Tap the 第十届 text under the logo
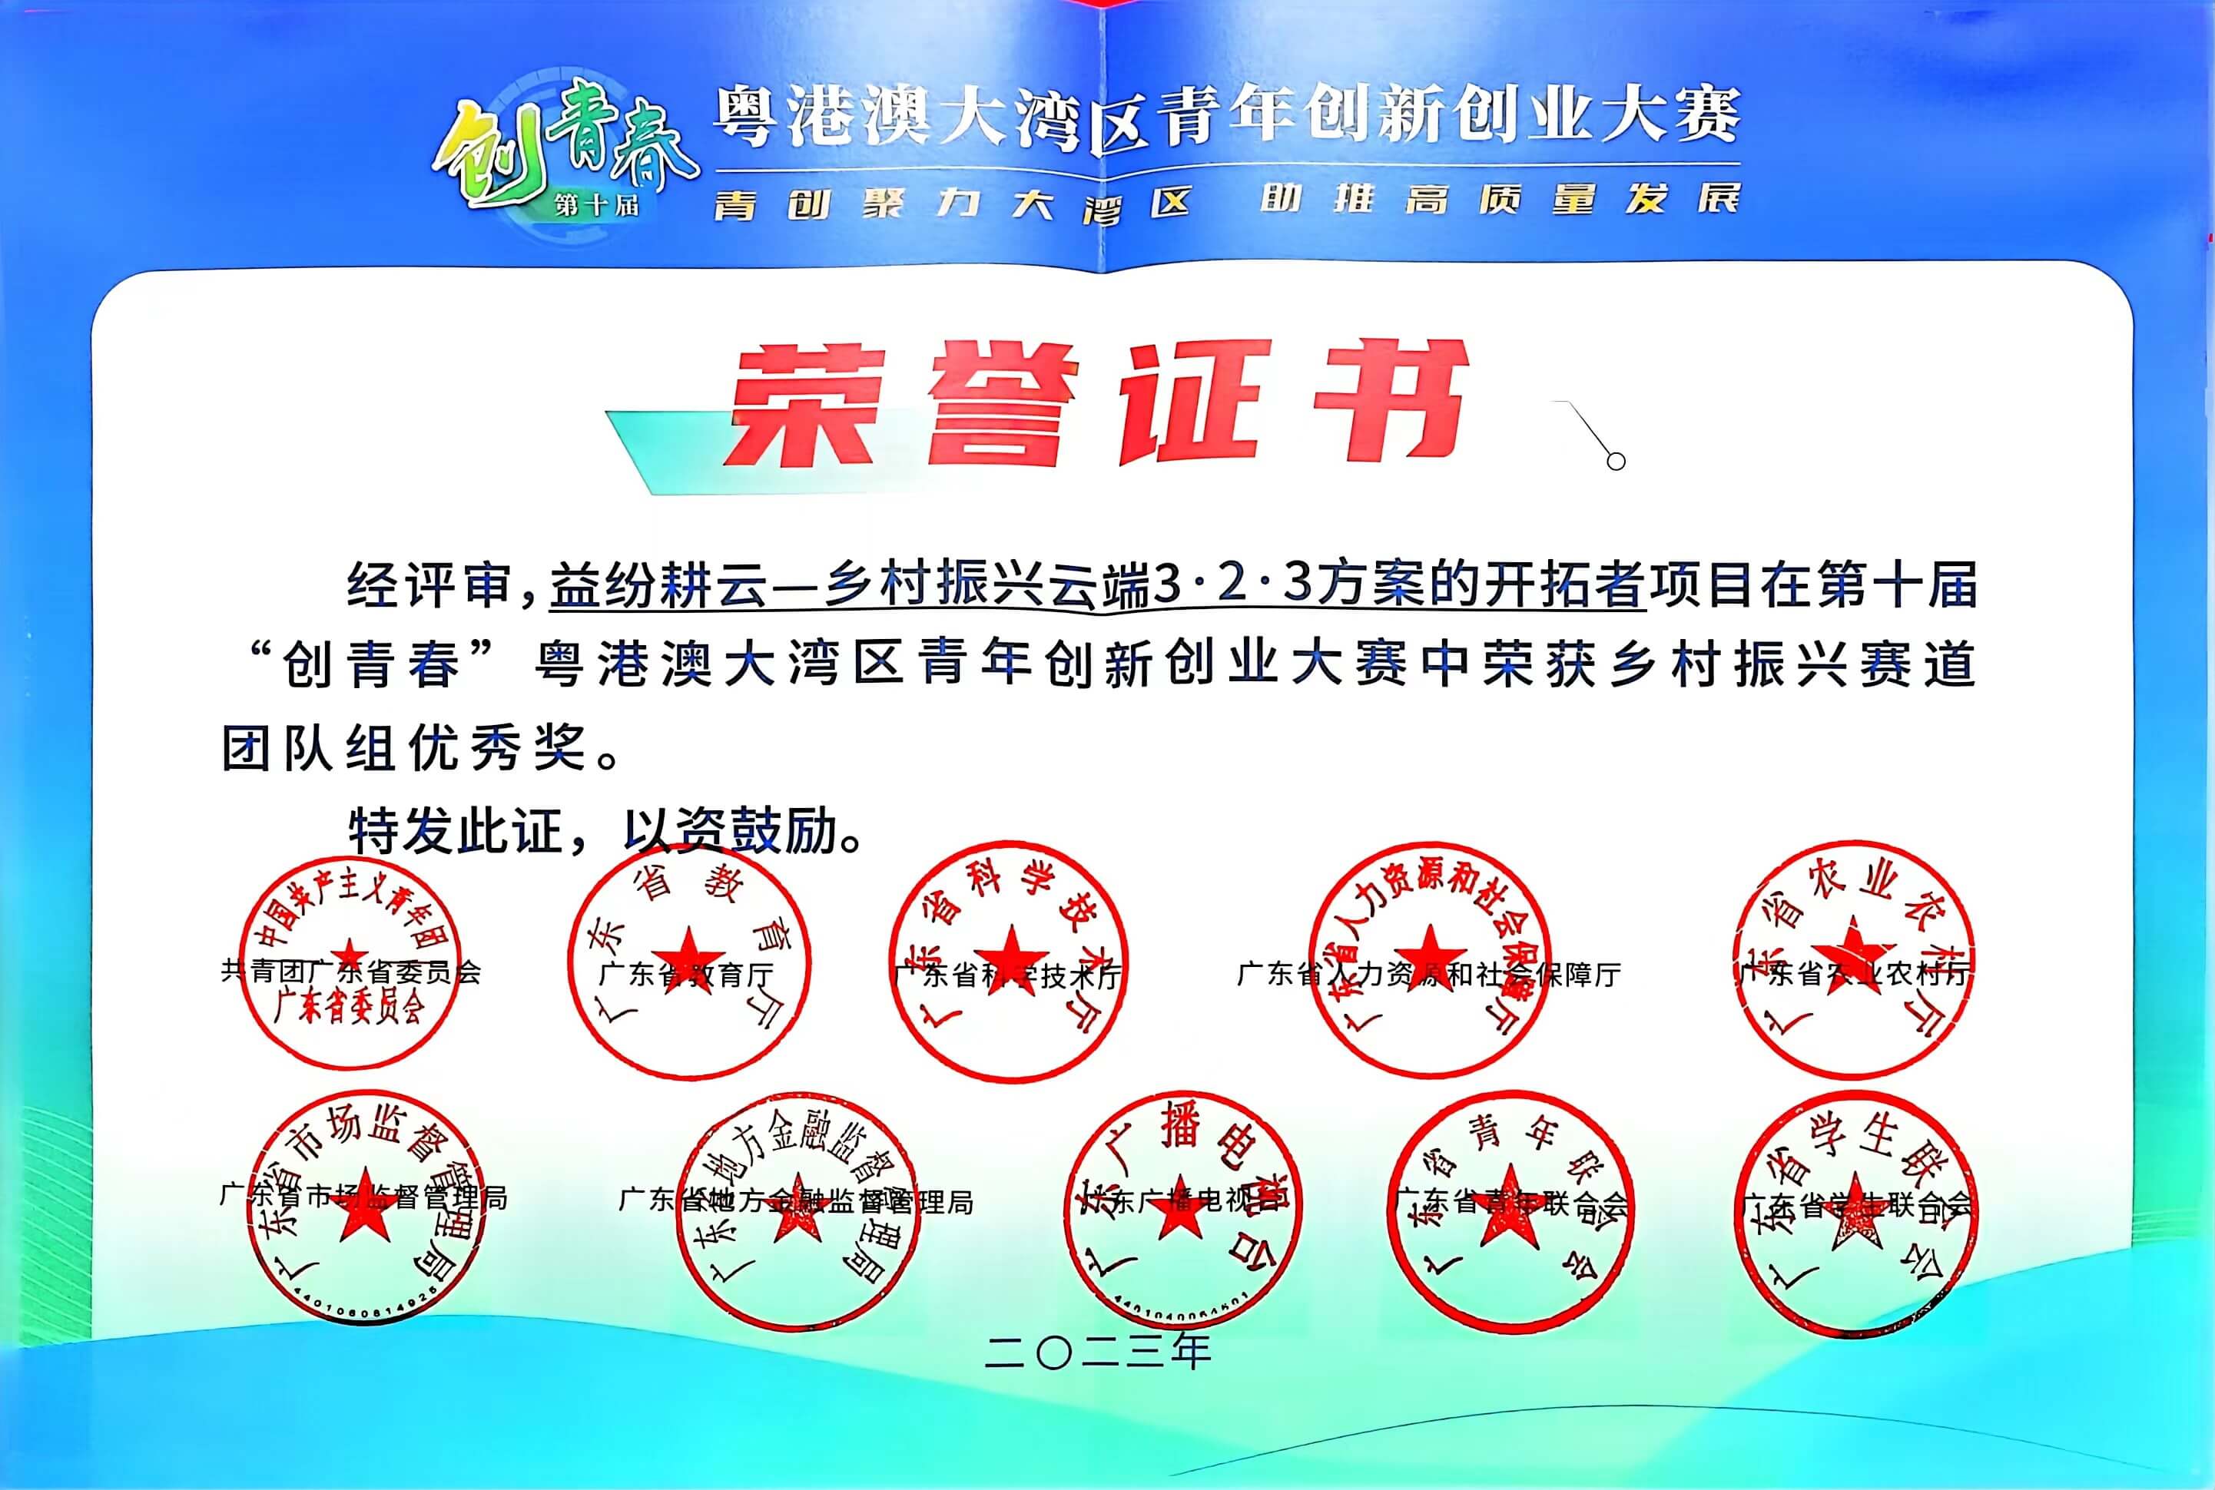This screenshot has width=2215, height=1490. (x=597, y=204)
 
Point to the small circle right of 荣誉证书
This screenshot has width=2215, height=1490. (x=1615, y=461)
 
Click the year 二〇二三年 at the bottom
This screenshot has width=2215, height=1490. (x=1098, y=1351)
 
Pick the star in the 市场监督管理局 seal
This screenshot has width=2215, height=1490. (x=364, y=1214)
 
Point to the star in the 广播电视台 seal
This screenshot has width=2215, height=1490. (x=1178, y=1211)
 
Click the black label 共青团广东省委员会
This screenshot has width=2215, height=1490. (x=351, y=971)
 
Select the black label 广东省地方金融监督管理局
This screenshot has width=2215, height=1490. (x=796, y=1201)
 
